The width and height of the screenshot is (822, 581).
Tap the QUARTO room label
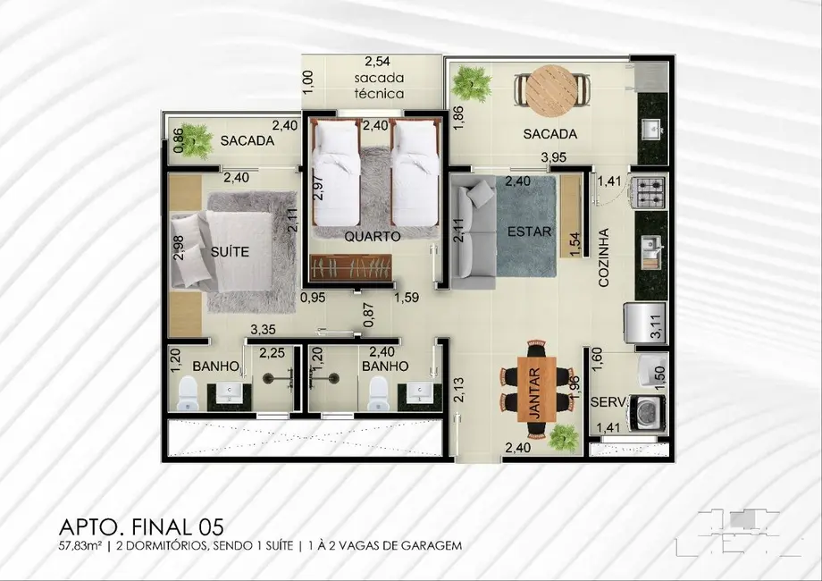pos(372,236)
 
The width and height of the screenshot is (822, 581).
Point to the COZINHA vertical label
pos(604,256)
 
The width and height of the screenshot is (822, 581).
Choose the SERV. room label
pos(608,402)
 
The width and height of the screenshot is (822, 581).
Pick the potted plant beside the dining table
pos(564,438)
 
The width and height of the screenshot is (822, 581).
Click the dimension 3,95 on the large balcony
pos(556,159)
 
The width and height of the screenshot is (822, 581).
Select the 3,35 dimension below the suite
pos(263,330)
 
